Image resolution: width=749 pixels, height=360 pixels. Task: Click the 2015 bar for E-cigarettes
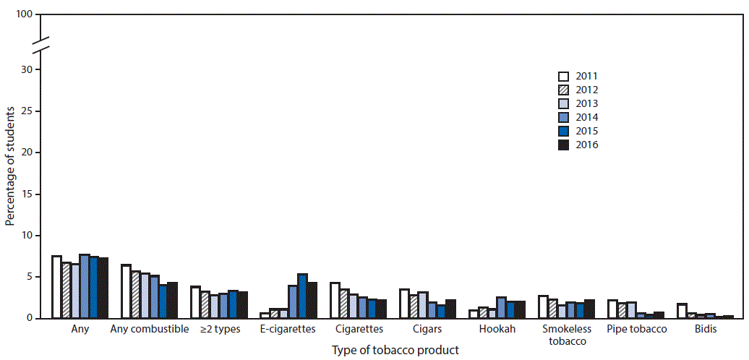[x=303, y=296]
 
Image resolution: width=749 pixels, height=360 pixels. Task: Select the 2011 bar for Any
[x=56, y=287]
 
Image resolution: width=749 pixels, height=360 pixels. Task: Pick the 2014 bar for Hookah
[x=501, y=307]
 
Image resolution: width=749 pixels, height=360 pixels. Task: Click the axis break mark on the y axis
[x=41, y=43]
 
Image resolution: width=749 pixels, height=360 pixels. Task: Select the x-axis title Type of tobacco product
[x=395, y=350]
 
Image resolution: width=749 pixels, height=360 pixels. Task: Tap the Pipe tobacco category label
[x=635, y=330]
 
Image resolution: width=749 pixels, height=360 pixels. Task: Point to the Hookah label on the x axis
[x=497, y=330]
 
